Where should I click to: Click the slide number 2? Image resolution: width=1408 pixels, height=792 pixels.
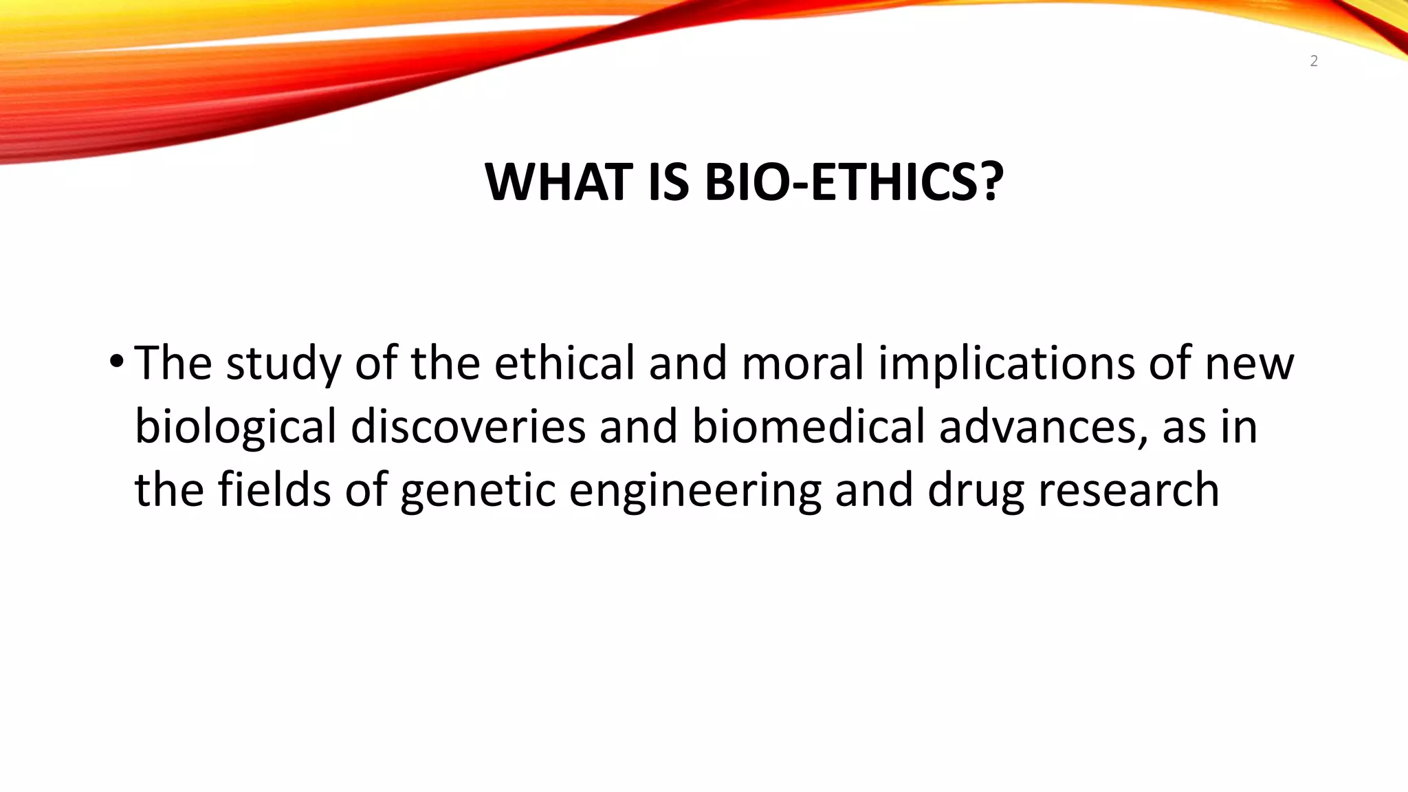click(x=1314, y=62)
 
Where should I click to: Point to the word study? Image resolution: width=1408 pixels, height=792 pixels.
click(x=283, y=364)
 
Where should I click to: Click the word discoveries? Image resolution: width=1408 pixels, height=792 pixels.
click(x=467, y=426)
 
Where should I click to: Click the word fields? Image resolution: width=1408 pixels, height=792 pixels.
click(x=274, y=489)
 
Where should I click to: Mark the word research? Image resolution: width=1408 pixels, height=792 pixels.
click(x=1128, y=489)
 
